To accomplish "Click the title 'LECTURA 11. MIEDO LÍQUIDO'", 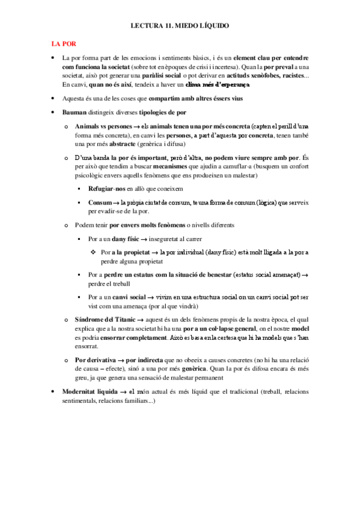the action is [180, 26].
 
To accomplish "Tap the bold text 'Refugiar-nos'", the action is [106, 189].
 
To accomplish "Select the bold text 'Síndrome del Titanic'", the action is [105, 321].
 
